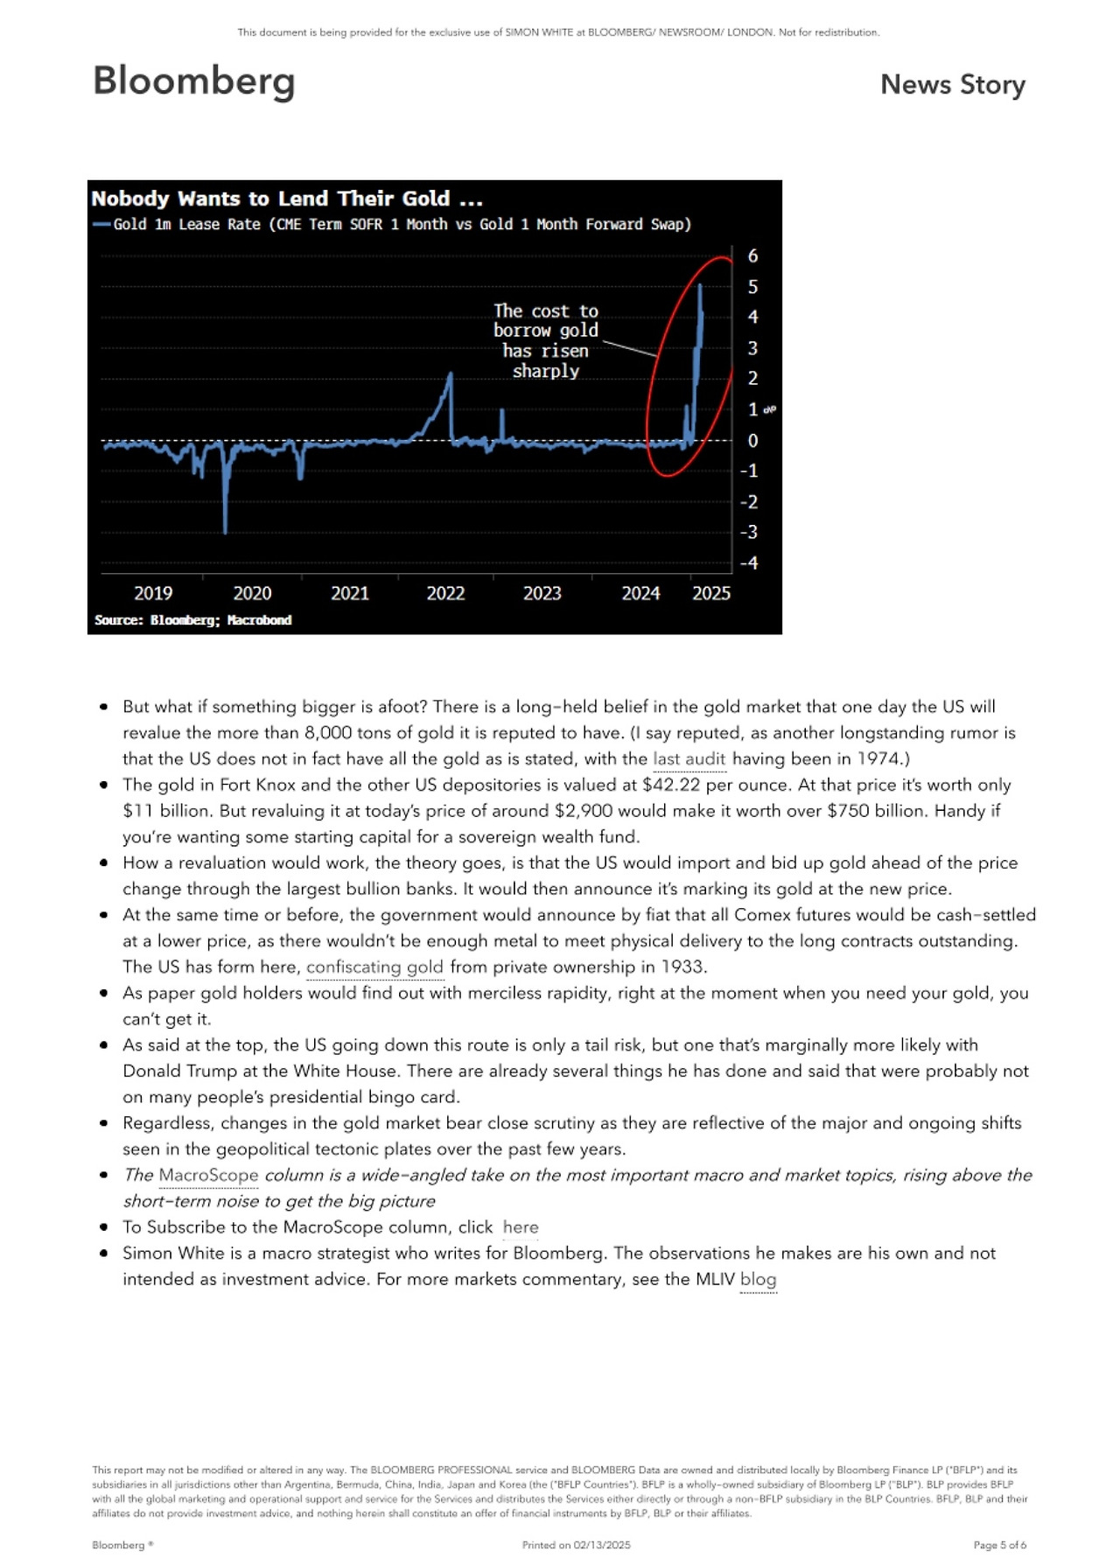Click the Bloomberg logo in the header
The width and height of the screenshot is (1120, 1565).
click(x=193, y=81)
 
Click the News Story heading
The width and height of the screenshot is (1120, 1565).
click(x=952, y=85)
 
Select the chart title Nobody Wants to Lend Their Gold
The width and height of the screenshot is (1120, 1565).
click(x=287, y=199)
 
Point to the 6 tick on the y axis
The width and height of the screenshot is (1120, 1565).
click(x=752, y=256)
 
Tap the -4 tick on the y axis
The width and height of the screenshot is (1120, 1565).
click(x=749, y=563)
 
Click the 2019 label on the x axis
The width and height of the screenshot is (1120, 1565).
click(x=153, y=593)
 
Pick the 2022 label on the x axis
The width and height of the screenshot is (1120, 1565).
click(x=445, y=593)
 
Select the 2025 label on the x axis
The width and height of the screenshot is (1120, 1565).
click(x=710, y=593)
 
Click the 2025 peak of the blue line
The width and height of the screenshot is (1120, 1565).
click(x=700, y=286)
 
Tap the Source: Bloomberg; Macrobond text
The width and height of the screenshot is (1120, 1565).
click(x=192, y=620)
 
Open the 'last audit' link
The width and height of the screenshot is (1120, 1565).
click(x=689, y=758)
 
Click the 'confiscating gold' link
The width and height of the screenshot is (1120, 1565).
click(x=374, y=967)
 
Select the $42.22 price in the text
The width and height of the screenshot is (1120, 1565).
click(x=671, y=785)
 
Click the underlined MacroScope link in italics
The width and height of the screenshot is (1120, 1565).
click(x=208, y=1175)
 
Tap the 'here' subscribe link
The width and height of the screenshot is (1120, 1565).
click(x=521, y=1227)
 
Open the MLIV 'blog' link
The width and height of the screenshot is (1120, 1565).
click(x=758, y=1279)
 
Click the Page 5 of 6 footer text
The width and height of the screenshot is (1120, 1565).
click(x=999, y=1545)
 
